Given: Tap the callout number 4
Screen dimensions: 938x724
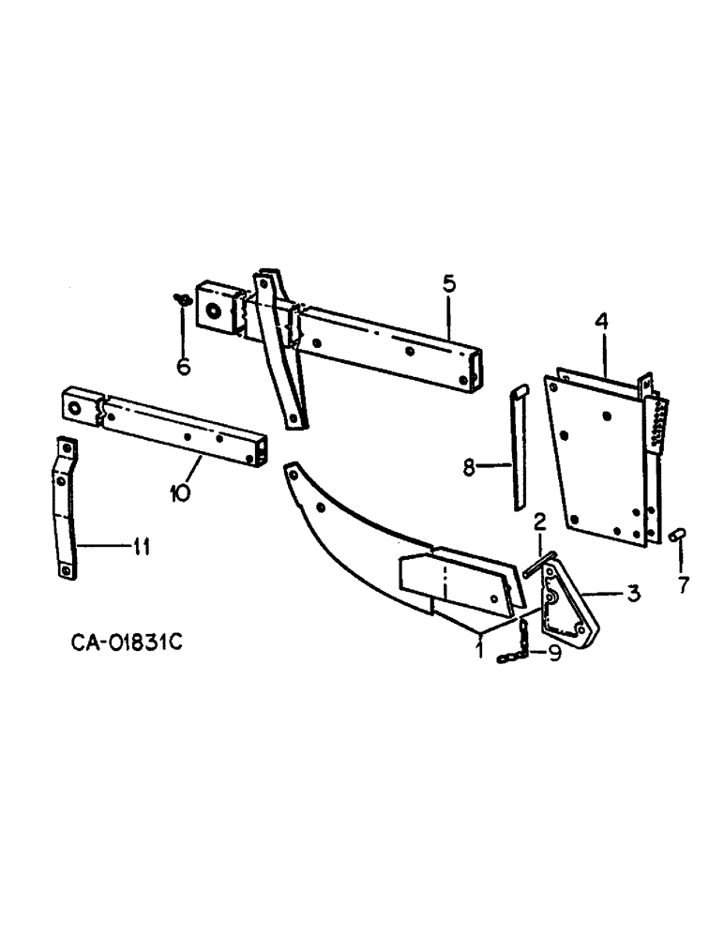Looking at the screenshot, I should [601, 321].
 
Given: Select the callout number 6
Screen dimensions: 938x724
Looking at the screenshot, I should [184, 365].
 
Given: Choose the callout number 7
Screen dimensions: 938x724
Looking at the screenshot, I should [682, 586].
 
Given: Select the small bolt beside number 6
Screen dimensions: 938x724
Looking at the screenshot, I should [184, 299].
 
